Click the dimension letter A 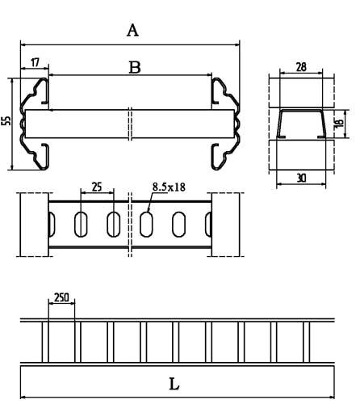click(x=132, y=31)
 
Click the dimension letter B click(x=135, y=68)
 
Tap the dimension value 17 click(x=35, y=62)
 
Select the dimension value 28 click(x=301, y=67)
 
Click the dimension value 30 click(x=301, y=178)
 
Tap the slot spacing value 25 click(x=97, y=187)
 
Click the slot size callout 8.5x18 click(x=169, y=187)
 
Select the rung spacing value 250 click(x=61, y=297)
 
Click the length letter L click(x=174, y=384)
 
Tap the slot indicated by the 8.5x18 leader click(x=146, y=225)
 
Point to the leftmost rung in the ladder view click(x=45, y=343)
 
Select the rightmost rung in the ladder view click(x=307, y=343)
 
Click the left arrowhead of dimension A click(x=23, y=44)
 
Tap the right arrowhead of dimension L click(x=332, y=397)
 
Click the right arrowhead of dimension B click(x=209, y=74)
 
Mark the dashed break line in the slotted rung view click(x=130, y=225)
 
